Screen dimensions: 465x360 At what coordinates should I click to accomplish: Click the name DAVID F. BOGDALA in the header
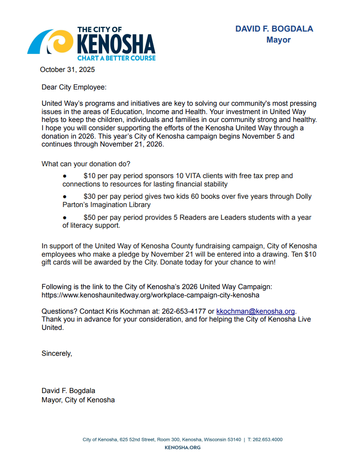tap(274, 29)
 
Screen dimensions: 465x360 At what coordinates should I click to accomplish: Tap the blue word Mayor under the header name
tap(278, 40)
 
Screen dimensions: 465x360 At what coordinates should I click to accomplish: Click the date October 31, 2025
tap(67, 69)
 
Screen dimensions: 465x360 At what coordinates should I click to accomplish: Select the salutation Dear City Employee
tap(74, 87)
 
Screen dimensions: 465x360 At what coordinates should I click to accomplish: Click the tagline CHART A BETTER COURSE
tap(116, 58)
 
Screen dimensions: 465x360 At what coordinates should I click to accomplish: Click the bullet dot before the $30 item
tap(65, 197)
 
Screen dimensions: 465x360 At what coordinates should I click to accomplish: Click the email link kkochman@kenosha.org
tap(256, 311)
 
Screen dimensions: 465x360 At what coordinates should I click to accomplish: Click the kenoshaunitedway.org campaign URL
tap(150, 295)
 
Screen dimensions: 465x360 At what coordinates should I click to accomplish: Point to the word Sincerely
tap(57, 353)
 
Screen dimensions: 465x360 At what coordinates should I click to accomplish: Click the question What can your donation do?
tap(86, 164)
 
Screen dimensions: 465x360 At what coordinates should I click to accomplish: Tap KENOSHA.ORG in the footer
tap(182, 447)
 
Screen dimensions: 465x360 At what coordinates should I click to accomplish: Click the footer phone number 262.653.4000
tap(267, 440)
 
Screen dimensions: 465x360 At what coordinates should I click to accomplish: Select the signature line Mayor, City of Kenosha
tap(78, 400)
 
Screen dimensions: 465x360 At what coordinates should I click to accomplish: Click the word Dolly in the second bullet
tap(303, 197)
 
